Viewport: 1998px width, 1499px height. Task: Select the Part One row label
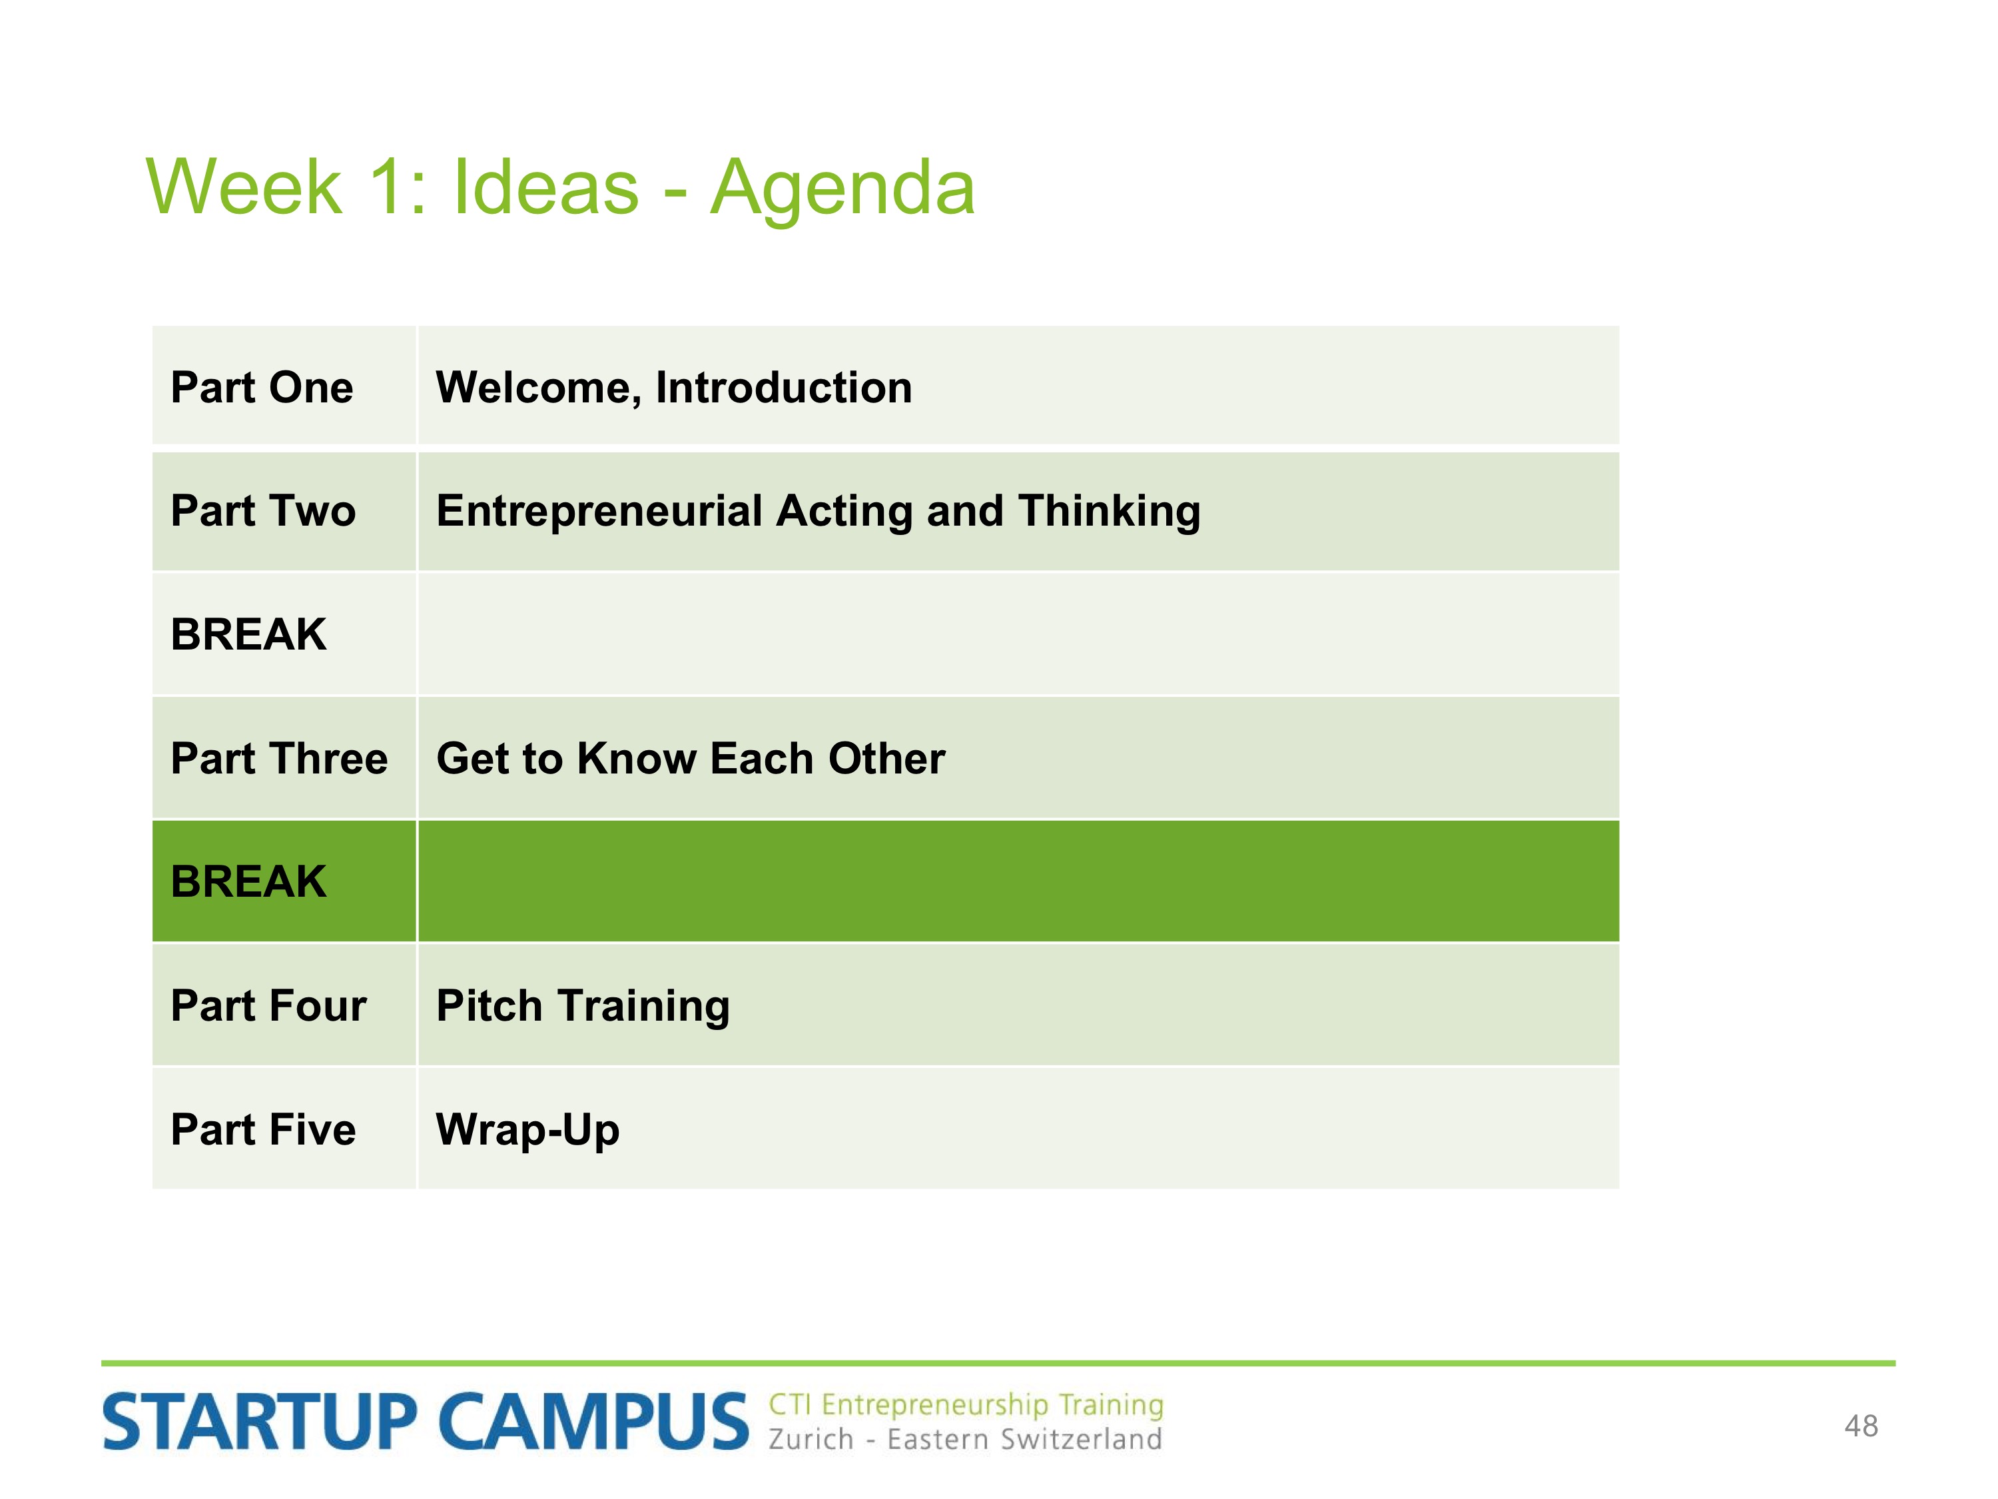click(x=262, y=388)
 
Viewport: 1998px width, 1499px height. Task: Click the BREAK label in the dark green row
click(x=248, y=882)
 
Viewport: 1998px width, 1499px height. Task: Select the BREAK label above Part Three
click(x=248, y=634)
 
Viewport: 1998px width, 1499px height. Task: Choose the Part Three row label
click(x=279, y=758)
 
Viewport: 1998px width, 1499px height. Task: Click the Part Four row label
click(x=268, y=1005)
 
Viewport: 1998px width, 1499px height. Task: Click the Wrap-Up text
click(x=527, y=1131)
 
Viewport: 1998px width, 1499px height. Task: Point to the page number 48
click(x=1861, y=1426)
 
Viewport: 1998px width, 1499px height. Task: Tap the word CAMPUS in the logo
click(x=593, y=1422)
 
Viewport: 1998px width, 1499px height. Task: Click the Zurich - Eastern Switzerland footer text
click(x=964, y=1438)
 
